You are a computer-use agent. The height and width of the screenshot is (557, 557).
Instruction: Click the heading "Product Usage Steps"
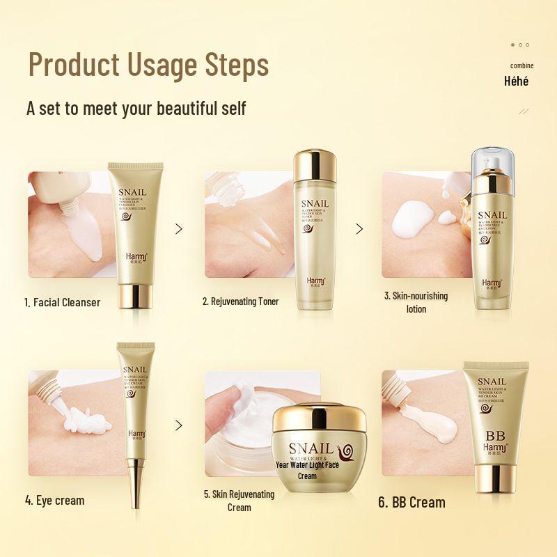click(148, 65)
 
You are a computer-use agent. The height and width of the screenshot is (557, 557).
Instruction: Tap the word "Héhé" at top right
click(516, 81)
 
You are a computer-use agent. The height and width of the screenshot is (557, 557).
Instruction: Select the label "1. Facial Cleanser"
click(63, 302)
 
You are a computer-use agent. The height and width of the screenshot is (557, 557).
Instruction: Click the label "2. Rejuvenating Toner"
click(241, 301)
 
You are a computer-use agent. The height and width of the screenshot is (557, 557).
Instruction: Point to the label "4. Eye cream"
click(54, 500)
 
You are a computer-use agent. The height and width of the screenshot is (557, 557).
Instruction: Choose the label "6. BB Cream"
click(411, 502)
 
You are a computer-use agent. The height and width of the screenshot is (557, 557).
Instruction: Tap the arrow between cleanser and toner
click(179, 228)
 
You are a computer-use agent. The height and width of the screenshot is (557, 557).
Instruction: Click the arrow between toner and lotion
click(359, 228)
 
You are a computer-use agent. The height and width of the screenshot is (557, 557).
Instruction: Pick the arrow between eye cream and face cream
click(179, 425)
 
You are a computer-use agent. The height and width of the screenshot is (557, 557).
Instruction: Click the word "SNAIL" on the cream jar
click(305, 448)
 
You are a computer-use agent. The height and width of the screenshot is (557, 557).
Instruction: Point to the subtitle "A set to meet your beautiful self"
click(136, 109)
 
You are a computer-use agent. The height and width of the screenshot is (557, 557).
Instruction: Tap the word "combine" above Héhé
click(522, 65)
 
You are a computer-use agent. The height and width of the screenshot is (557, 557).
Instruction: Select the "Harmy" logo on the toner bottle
click(315, 281)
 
